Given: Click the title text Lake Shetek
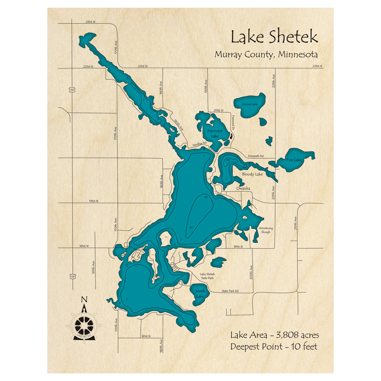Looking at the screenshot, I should click(x=274, y=37).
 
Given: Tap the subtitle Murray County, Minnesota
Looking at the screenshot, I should click(x=266, y=54).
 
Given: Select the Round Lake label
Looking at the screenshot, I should click(x=250, y=104).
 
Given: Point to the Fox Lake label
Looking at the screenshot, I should click(x=294, y=160).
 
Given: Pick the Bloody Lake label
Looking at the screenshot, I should click(x=253, y=174).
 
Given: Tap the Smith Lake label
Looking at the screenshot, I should click(x=200, y=293).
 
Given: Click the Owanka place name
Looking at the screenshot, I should click(x=243, y=188).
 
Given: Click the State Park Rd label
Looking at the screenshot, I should click(x=230, y=291).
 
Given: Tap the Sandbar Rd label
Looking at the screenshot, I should click(x=199, y=143).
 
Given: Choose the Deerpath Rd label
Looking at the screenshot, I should click(x=256, y=156).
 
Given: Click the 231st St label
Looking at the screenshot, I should click(x=90, y=22).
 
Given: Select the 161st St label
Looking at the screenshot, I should click(x=146, y=336).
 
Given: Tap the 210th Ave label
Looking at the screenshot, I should click(x=295, y=223).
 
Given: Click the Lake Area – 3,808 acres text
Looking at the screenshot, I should click(x=274, y=335).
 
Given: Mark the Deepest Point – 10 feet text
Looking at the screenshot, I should click(x=274, y=347).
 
